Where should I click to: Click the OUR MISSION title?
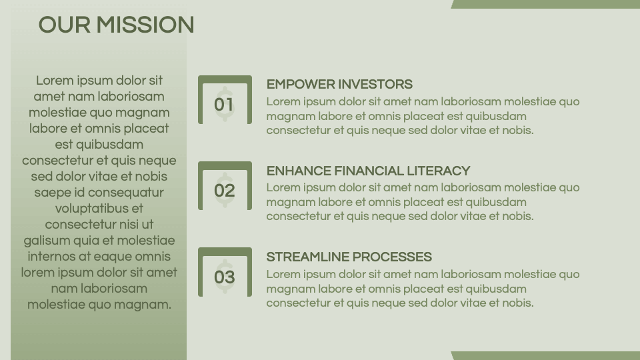[x=116, y=25]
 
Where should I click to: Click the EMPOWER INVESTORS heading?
[x=339, y=85]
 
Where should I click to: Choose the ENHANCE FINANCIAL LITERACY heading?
[x=368, y=171]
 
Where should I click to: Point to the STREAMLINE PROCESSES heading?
[x=349, y=257]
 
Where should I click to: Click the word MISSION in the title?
[x=145, y=25]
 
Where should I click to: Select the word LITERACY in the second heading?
[x=441, y=171]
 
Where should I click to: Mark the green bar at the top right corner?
[x=545, y=4]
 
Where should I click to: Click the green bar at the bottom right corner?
[x=545, y=356]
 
